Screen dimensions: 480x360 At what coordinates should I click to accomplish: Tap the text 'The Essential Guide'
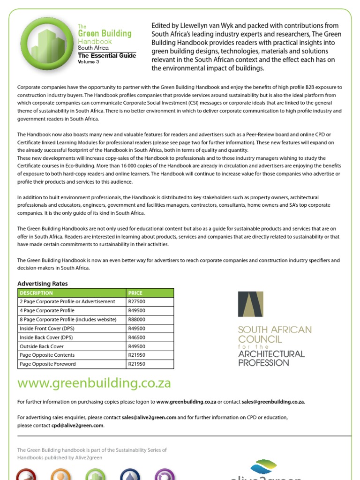pyautogui.click(x=107, y=56)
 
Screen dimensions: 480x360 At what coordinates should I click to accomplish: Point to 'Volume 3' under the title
pyautogui.click(x=89, y=62)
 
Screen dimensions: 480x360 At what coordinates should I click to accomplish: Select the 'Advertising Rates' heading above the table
pyautogui.click(x=43, y=284)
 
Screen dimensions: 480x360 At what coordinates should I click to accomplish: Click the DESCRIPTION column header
pyautogui.click(x=37, y=293)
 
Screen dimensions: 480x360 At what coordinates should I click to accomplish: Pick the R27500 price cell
pyautogui.click(x=136, y=302)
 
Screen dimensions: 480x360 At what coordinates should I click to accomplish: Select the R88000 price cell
pyautogui.click(x=136, y=320)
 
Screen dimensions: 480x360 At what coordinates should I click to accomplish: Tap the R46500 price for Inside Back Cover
pyautogui.click(x=136, y=337)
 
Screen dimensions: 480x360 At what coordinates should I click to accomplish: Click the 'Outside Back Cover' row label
pyautogui.click(x=42, y=346)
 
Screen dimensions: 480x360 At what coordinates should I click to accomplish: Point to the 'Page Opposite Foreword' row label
pyautogui.click(x=47, y=364)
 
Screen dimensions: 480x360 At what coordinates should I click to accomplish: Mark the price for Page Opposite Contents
pyautogui.click(x=136, y=355)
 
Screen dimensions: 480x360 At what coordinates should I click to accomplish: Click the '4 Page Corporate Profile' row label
pyautogui.click(x=47, y=311)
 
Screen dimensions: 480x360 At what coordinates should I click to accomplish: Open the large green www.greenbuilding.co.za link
pyautogui.click(x=94, y=383)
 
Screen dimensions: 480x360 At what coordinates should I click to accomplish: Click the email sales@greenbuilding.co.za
pyautogui.click(x=273, y=402)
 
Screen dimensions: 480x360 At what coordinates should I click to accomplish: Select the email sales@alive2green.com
pyautogui.click(x=149, y=417)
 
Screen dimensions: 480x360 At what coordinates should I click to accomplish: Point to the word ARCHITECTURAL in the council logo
pyautogui.click(x=271, y=354)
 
